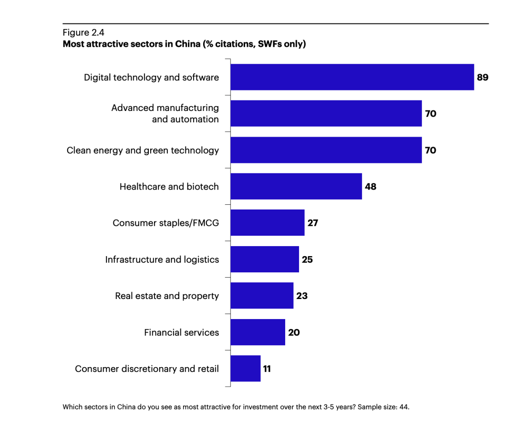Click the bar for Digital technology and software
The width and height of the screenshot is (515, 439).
click(352, 77)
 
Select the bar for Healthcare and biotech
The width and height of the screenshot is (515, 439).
click(296, 187)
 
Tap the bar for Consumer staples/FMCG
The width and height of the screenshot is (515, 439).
click(267, 223)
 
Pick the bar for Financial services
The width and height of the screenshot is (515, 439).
click(257, 332)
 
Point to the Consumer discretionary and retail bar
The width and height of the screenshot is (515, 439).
click(245, 369)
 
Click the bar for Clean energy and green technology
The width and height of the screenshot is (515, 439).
click(326, 150)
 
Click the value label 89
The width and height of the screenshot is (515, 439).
click(483, 77)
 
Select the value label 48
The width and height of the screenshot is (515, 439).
click(371, 187)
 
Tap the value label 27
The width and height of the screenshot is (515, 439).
click(313, 223)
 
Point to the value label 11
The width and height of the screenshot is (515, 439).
click(267, 369)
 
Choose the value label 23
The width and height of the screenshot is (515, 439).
click(302, 296)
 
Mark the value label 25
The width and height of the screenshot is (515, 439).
click(307, 259)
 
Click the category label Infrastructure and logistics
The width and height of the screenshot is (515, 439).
click(162, 259)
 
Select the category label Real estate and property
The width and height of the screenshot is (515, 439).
click(167, 296)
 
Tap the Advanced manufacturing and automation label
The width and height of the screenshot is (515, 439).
click(165, 113)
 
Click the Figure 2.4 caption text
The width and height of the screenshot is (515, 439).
click(83, 32)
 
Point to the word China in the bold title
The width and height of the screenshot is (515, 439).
click(187, 44)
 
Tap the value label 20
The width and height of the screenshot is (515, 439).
click(294, 332)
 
